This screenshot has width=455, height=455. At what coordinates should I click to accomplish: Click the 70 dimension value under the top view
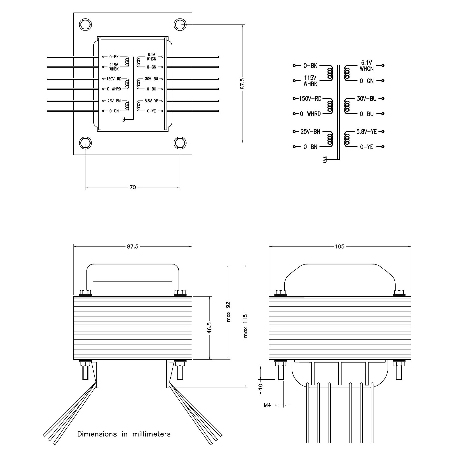click(133, 187)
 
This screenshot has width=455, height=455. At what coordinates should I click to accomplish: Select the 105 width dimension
click(340, 246)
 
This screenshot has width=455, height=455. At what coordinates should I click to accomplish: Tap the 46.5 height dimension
click(210, 328)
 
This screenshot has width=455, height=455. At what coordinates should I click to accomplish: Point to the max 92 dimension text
click(228, 312)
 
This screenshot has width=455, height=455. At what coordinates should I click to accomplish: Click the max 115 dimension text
click(245, 326)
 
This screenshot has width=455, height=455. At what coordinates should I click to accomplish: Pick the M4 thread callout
click(267, 405)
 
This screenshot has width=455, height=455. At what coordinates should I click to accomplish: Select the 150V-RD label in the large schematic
click(310, 99)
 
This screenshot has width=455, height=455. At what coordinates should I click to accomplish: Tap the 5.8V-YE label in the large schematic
click(366, 132)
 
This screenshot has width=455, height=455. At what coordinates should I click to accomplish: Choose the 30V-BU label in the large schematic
click(367, 99)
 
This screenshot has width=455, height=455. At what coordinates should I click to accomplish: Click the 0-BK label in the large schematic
click(310, 66)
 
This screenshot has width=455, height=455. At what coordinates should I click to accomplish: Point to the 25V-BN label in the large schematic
click(310, 132)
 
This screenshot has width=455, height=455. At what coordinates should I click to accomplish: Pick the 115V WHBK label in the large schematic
click(310, 81)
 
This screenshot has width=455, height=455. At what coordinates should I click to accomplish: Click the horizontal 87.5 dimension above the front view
click(133, 246)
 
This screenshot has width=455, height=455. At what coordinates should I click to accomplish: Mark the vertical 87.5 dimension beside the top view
click(242, 84)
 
